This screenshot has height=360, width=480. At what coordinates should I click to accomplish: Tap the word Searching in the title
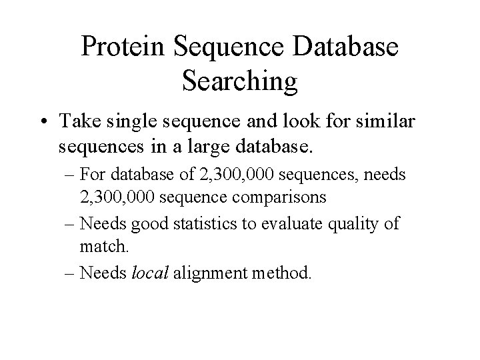click(239, 81)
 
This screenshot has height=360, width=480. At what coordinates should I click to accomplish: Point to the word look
click(285, 121)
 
